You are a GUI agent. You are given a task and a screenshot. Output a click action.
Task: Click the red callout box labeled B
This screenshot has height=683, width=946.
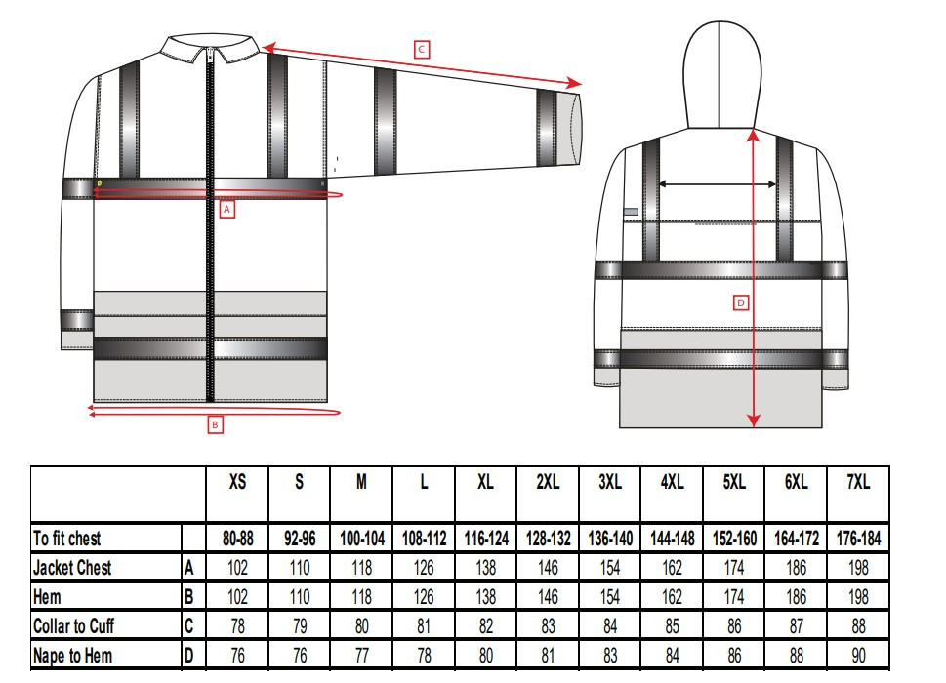[216, 424]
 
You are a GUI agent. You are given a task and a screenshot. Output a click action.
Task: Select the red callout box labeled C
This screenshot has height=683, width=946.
[422, 49]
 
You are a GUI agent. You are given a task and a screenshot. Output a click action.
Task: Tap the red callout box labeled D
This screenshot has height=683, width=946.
[741, 303]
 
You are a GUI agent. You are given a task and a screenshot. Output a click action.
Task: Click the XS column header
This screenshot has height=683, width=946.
[237, 482]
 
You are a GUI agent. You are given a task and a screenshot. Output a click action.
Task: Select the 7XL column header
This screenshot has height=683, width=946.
[858, 482]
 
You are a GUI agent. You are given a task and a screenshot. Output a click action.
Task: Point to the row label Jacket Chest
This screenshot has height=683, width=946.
[72, 568]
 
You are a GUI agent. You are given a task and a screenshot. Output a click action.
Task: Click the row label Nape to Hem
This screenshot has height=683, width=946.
[72, 656]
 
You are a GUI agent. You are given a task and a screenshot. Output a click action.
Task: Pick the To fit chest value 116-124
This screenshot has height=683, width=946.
[485, 539]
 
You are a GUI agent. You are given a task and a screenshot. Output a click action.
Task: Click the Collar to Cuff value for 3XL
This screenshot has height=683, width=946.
[609, 626]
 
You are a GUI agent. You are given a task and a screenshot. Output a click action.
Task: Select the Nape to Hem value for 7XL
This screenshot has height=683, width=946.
[858, 656]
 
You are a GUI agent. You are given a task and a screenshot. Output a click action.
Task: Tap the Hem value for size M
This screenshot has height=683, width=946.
[361, 597]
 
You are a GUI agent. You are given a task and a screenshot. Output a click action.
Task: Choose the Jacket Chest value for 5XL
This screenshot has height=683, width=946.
[734, 568]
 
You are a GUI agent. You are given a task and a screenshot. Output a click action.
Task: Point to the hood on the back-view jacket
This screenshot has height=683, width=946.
[719, 68]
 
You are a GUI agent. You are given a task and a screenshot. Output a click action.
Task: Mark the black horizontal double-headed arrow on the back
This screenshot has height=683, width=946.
[719, 183]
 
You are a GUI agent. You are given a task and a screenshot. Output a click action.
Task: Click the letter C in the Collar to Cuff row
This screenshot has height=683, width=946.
[188, 626]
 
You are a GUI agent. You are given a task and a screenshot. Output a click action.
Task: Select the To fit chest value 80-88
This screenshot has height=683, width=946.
[237, 539]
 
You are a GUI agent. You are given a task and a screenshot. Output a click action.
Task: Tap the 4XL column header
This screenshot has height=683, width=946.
[672, 482]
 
